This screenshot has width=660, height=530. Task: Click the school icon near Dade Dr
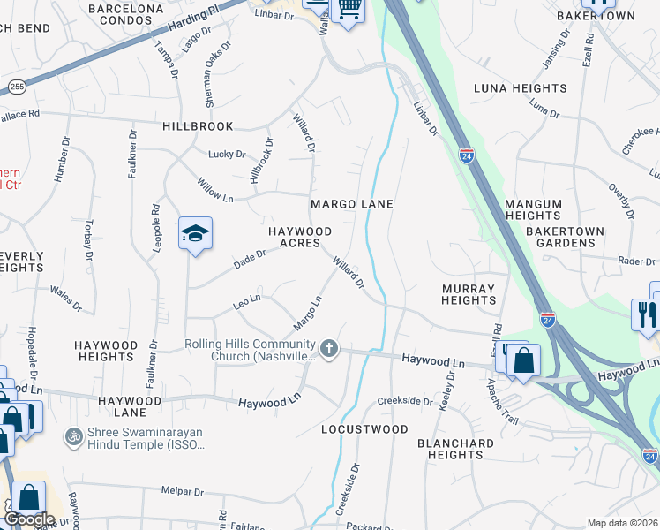[195, 233]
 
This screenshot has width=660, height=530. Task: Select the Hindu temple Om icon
[73, 436]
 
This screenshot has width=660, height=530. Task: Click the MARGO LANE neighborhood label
[351, 204]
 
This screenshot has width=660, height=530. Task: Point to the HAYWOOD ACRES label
[300, 237]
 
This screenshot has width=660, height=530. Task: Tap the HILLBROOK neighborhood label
[198, 127]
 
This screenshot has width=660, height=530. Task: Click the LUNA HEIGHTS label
[520, 88]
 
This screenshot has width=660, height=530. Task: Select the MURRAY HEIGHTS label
[469, 294]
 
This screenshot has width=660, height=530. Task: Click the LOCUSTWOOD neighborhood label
[364, 429]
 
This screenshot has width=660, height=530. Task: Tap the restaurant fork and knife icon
[645, 314]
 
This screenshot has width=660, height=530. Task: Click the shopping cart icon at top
[349, 9]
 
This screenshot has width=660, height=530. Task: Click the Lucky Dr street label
[227, 155]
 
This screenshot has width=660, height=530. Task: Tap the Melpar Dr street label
[182, 491]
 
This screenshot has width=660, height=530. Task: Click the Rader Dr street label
[637, 261]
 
